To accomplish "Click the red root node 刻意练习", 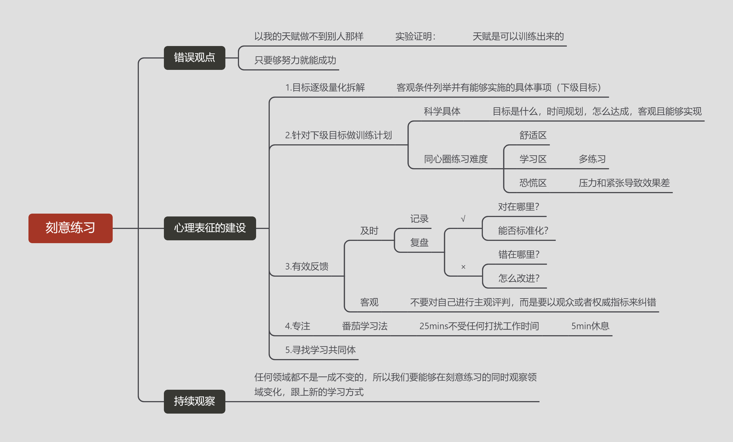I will click(x=71, y=228).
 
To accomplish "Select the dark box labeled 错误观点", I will click(x=194, y=58).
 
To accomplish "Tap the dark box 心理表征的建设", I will click(x=210, y=228).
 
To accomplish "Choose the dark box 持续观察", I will click(x=194, y=401).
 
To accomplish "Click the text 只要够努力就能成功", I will click(x=295, y=60).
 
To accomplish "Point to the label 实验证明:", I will click(x=415, y=37).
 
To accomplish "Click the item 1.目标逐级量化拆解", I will click(x=325, y=88).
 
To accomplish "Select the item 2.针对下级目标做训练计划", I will click(x=338, y=135).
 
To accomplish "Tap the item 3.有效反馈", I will click(x=306, y=266).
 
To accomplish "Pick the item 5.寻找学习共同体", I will click(x=320, y=350).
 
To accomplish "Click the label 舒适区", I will click(x=533, y=135).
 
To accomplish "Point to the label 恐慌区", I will click(x=533, y=183).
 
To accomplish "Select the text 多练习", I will click(x=592, y=159).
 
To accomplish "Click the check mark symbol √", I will click(x=463, y=219).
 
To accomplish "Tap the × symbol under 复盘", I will click(x=463, y=267).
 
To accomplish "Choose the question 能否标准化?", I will click(x=523, y=231).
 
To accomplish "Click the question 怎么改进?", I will click(x=519, y=278).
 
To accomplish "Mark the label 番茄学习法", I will click(x=365, y=326).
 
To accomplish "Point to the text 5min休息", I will click(x=590, y=326).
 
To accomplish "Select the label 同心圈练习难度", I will click(x=455, y=159).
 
